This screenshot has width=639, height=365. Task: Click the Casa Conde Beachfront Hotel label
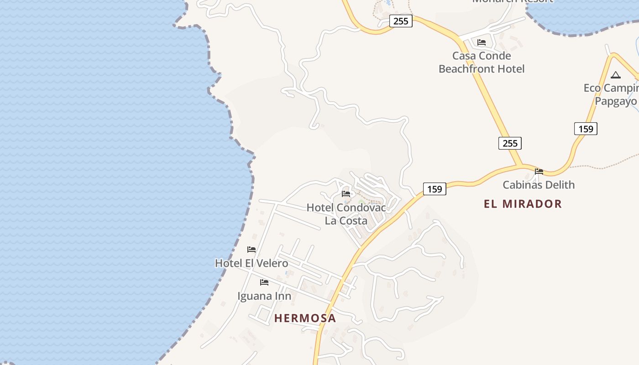(482, 62)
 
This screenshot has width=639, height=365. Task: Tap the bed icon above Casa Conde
(482, 42)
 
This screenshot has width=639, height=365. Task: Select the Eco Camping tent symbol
(616, 75)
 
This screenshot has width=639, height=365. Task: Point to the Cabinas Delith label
(539, 185)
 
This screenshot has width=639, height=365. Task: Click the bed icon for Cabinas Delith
(539, 172)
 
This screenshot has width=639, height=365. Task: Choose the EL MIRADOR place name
(523, 204)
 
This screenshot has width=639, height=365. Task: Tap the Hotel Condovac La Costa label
(346, 214)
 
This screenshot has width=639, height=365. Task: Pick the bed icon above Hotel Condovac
(346, 194)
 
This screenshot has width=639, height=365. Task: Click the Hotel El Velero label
(251, 263)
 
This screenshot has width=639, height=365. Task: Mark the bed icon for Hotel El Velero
(251, 250)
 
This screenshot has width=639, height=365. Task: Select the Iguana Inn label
(264, 296)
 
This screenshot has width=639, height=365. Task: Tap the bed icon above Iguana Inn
(264, 282)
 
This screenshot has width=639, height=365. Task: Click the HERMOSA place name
(305, 318)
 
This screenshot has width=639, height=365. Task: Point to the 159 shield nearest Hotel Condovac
(435, 188)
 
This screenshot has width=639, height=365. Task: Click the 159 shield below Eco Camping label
(586, 129)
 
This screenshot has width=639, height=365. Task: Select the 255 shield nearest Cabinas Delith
(510, 143)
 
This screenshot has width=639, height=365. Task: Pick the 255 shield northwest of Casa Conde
(401, 21)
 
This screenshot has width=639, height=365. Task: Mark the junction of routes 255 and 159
(521, 165)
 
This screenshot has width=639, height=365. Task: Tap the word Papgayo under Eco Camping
(615, 101)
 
